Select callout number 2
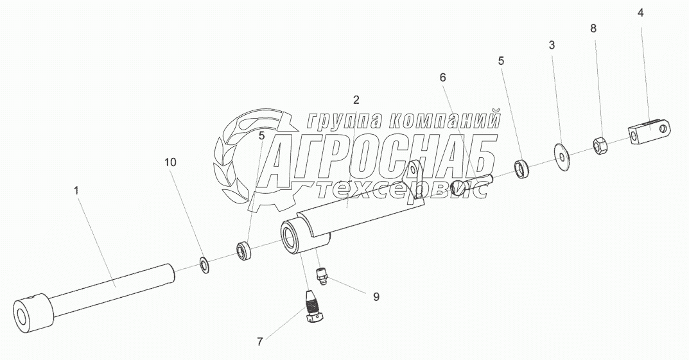(x=356, y=99)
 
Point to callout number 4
(x=640, y=13)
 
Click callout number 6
(x=442, y=77)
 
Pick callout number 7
(x=260, y=341)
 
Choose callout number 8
(x=593, y=28)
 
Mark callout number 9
(x=376, y=296)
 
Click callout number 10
(x=170, y=162)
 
